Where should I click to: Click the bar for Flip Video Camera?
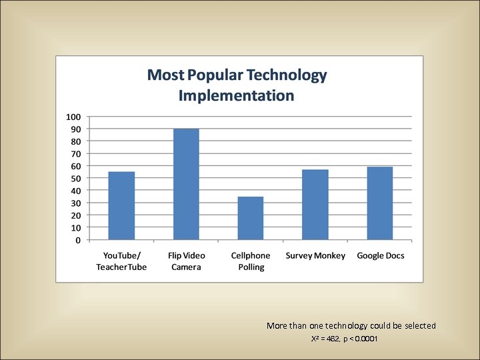tap(186, 184)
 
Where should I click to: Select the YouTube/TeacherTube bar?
tap(121, 206)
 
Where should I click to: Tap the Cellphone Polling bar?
tap(251, 218)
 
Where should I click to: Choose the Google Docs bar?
tap(380, 203)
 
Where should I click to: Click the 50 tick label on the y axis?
tap(76, 179)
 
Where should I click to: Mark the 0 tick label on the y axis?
tap(79, 240)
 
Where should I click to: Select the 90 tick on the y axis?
tap(76, 129)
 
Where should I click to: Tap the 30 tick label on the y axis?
tap(76, 203)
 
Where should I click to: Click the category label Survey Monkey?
tap(315, 256)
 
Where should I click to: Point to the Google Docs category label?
tap(381, 256)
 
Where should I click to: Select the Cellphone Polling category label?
tap(251, 261)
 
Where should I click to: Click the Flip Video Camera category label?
tap(186, 261)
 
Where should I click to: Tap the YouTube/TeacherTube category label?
tap(121, 261)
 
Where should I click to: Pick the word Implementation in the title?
tap(236, 95)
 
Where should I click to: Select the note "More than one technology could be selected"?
tap(351, 326)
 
